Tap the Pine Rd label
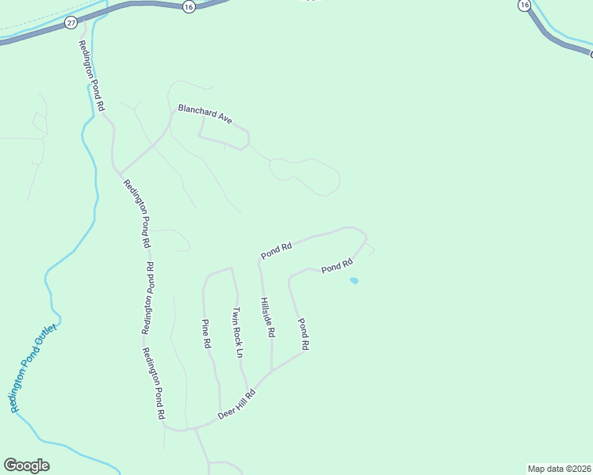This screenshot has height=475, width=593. [x=205, y=333]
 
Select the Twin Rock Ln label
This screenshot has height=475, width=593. [x=236, y=332]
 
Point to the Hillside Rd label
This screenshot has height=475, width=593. [x=267, y=318]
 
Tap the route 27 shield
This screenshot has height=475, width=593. [x=72, y=24]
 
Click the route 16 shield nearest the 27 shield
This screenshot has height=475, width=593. [x=188, y=6]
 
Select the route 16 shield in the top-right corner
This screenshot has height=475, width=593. [x=523, y=6]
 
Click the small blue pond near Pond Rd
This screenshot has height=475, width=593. [x=354, y=280]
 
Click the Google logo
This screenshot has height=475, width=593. [x=26, y=465]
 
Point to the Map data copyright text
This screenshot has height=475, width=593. [x=559, y=468]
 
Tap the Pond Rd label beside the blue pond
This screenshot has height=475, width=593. [x=336, y=268]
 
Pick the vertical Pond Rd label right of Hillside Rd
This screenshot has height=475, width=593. [x=303, y=334]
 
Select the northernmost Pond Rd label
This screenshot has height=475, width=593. [x=277, y=251]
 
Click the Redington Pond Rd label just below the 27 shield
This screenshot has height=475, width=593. [x=91, y=74]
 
